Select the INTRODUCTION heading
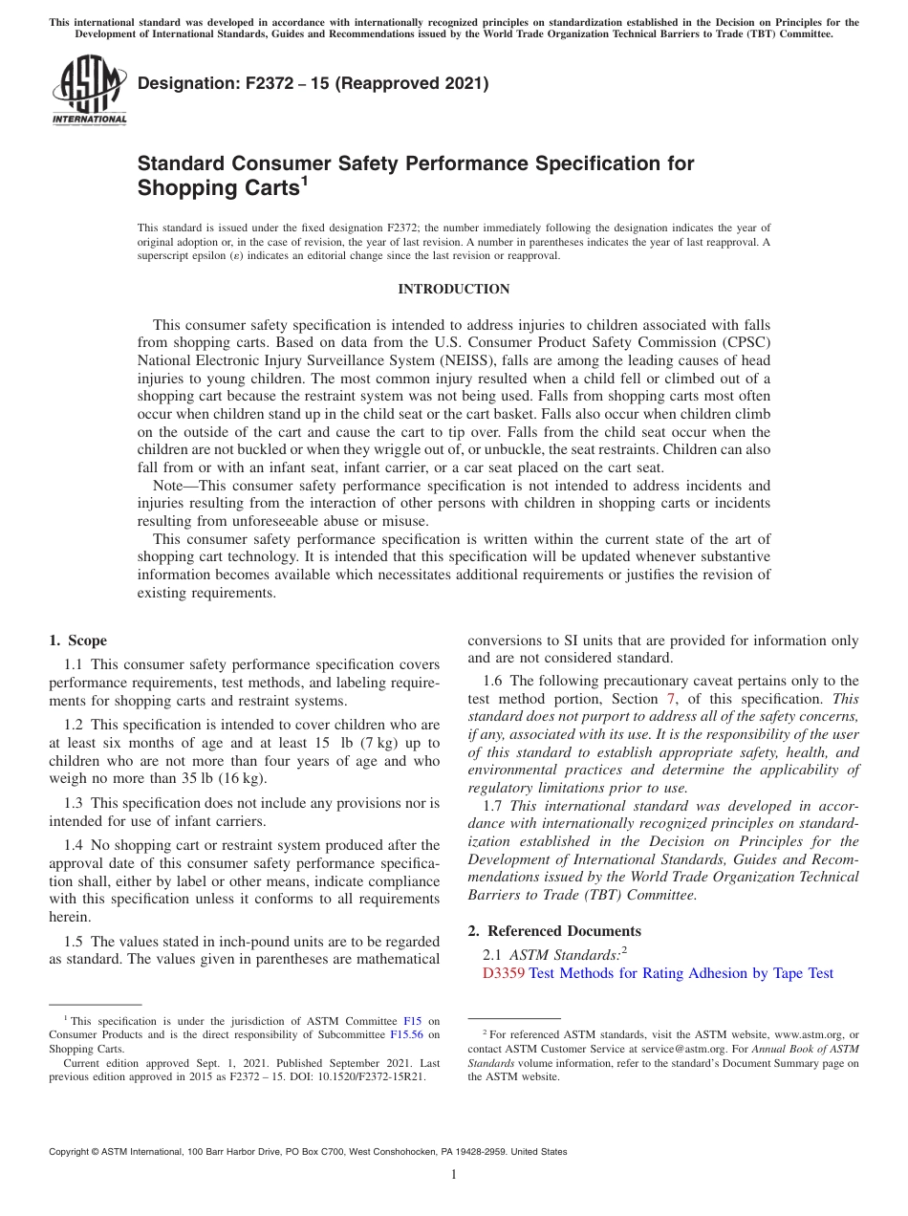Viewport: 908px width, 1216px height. [453, 289]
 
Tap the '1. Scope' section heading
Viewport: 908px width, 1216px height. [78, 641]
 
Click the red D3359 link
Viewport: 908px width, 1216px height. [504, 973]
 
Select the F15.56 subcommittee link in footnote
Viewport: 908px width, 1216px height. [408, 1034]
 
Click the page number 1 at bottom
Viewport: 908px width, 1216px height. [454, 1174]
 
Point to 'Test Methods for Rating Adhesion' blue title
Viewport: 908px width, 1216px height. [631, 973]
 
